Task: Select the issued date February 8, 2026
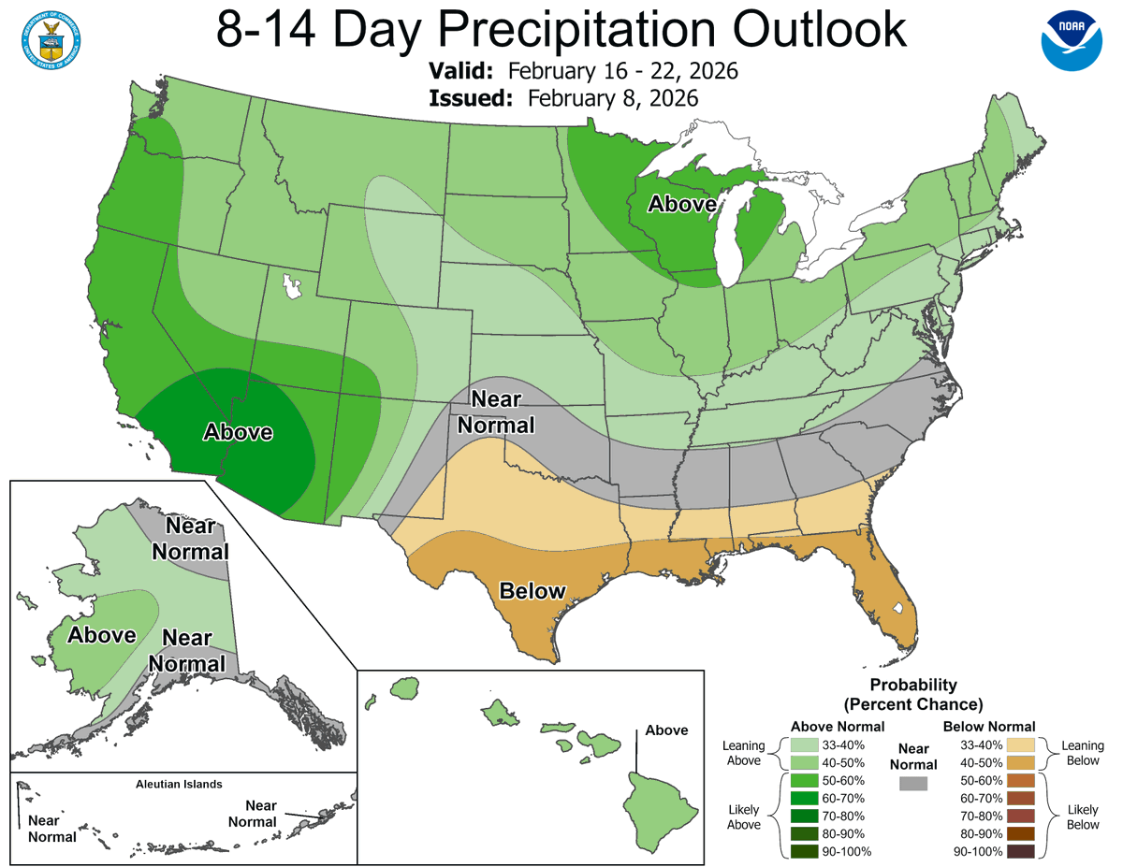coord(612,98)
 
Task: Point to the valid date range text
coord(623,71)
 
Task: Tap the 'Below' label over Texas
coord(532,591)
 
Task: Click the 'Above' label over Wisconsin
coord(683,204)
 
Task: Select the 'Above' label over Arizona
coord(239,432)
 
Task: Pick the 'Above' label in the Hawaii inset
coord(665,730)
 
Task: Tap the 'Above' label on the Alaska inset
coord(102,635)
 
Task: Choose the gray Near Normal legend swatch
coord(912,782)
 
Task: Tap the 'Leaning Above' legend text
coord(743,754)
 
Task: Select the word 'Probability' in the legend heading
coord(912,685)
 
